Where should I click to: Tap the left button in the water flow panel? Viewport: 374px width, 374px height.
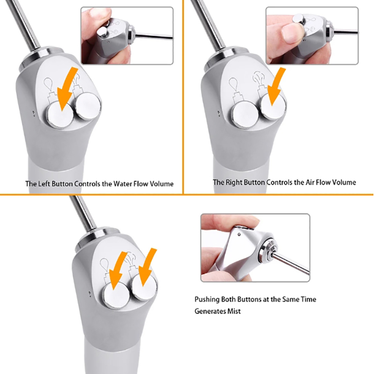tap(60, 114)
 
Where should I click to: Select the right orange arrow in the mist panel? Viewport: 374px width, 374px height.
tap(147, 267)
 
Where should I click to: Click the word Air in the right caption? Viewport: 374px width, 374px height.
tap(310, 182)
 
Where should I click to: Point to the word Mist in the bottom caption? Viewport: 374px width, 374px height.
tap(234, 311)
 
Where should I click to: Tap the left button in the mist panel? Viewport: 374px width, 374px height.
tap(116, 295)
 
